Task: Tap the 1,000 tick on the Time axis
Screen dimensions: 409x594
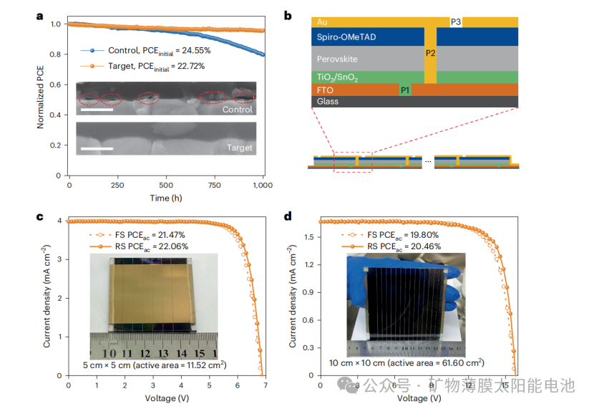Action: [264, 184]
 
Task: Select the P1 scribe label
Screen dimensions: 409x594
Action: [405, 90]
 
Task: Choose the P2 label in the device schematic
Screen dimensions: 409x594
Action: [429, 53]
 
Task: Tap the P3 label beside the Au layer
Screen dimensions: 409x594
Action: [456, 22]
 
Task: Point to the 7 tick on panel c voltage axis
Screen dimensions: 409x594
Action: [266, 385]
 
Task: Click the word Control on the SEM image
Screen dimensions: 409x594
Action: [237, 110]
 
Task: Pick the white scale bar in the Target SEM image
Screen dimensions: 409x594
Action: [97, 149]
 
